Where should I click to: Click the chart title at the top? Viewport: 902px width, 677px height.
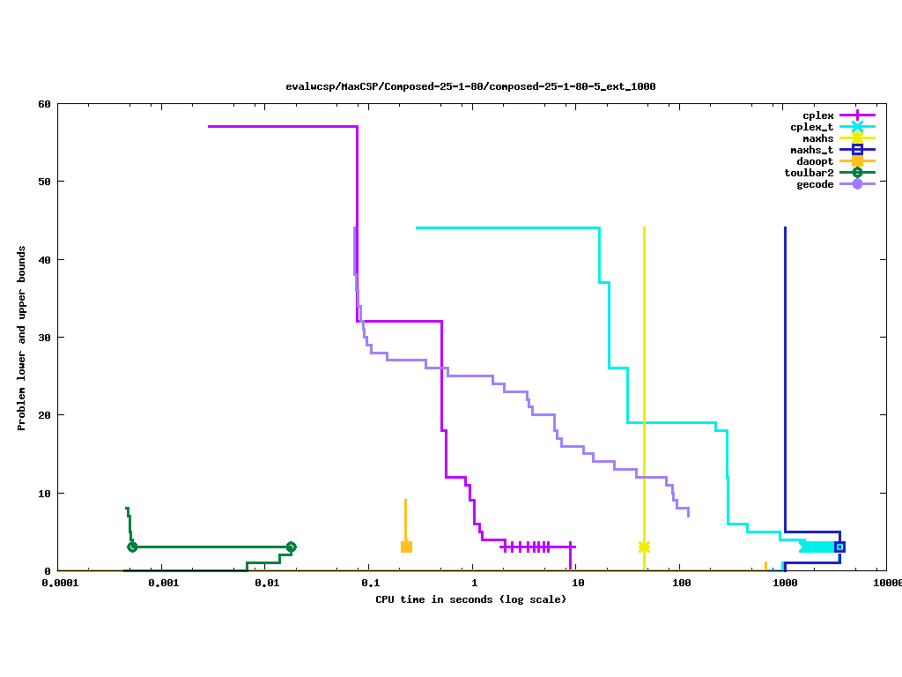[x=470, y=86]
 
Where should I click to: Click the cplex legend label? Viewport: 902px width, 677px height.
[x=818, y=115]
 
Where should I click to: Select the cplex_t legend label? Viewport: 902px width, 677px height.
[x=812, y=127]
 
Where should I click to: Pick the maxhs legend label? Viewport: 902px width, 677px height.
[x=818, y=138]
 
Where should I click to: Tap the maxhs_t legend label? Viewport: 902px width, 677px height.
[x=812, y=150]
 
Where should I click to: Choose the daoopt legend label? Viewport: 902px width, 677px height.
[x=816, y=161]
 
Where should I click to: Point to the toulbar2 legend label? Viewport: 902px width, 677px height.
[x=810, y=173]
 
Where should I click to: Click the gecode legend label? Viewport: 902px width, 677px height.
[x=816, y=184]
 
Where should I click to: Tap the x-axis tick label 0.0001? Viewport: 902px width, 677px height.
[x=58, y=584]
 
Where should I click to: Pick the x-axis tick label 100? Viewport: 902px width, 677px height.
[x=680, y=584]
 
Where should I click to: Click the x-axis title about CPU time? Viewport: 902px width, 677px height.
[x=471, y=599]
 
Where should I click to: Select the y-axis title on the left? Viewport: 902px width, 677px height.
[x=21, y=338]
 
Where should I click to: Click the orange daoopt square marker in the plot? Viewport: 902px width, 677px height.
[x=406, y=547]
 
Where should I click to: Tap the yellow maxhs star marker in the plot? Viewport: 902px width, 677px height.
[x=644, y=547]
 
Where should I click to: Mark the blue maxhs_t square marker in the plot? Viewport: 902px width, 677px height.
[x=839, y=547]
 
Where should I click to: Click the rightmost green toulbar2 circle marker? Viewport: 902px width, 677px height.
[x=291, y=547]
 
